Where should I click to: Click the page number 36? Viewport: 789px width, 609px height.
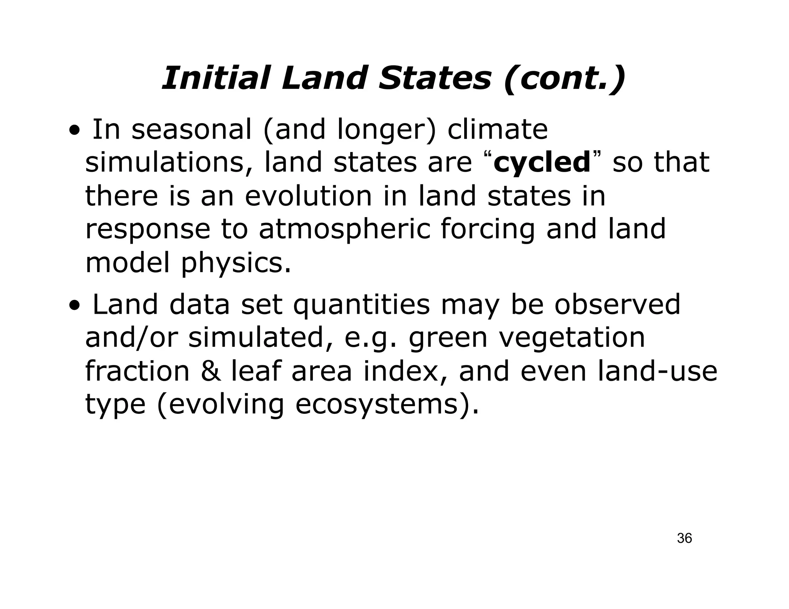[684, 538]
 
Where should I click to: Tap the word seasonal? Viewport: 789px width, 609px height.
[191, 130]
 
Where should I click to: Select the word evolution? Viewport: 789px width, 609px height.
[309, 196]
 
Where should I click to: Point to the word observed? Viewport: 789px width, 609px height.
[617, 304]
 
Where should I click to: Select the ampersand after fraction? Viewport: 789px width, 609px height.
[211, 371]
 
